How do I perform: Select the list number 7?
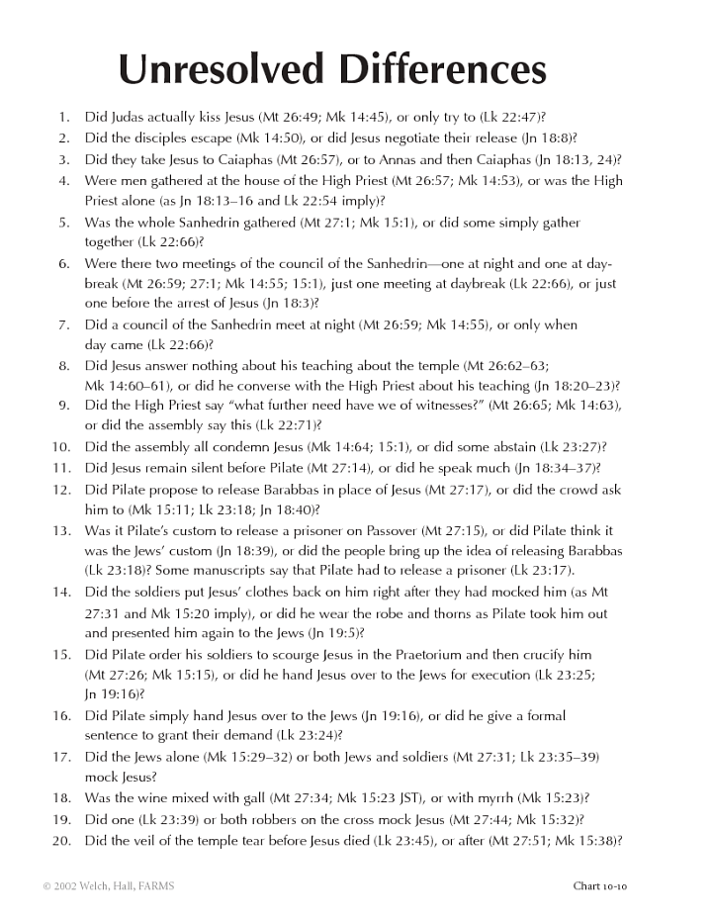click(x=64, y=324)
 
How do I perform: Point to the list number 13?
click(x=61, y=531)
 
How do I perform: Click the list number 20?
click(x=61, y=841)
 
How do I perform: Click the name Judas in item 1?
click(x=126, y=117)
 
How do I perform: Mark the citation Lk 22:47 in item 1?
click(x=507, y=117)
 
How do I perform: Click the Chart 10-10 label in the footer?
click(x=599, y=886)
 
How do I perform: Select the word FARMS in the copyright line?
click(x=153, y=886)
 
